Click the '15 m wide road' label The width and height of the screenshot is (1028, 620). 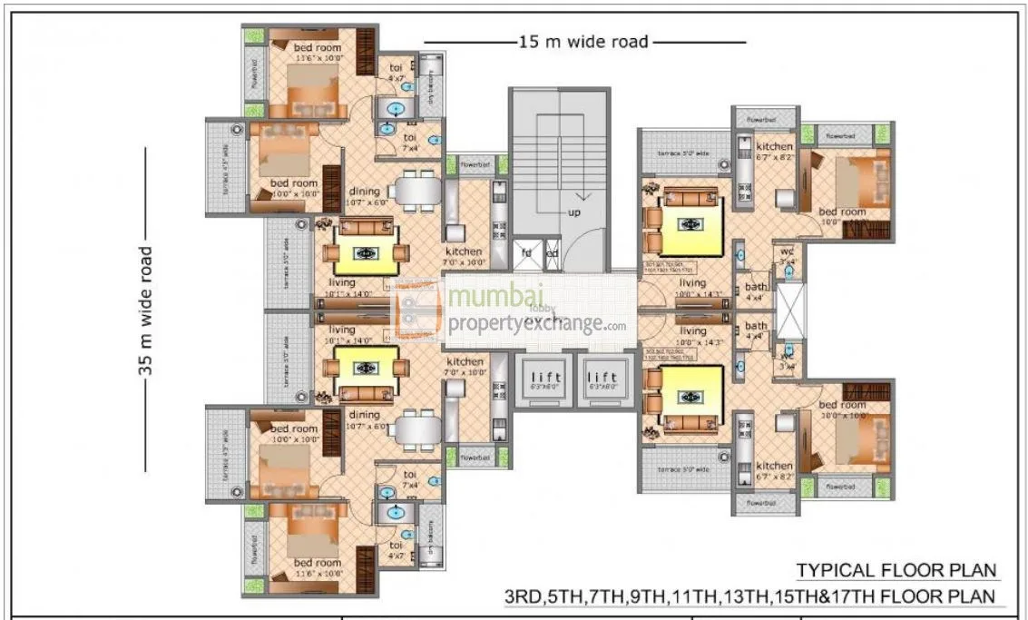(x=583, y=42)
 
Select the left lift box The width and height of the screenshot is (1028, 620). (x=541, y=379)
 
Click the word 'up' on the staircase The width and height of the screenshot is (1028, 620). (x=574, y=212)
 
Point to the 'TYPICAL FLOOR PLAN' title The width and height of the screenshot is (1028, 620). (x=897, y=570)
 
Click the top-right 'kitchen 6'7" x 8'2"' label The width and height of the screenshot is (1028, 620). (x=774, y=152)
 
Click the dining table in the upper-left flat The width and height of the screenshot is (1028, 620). (x=415, y=192)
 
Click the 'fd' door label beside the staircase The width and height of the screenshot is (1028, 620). (x=526, y=253)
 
